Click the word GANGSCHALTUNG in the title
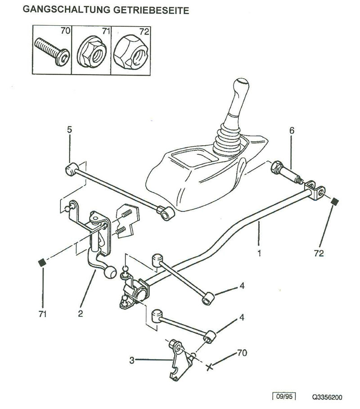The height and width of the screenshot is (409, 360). [x=67, y=9]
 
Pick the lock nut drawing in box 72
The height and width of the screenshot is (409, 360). [x=130, y=52]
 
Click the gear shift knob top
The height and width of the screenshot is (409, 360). [x=242, y=85]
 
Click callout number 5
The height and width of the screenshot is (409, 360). [x=69, y=130]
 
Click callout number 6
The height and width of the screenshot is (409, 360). [x=292, y=130]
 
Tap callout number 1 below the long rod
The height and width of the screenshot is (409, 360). [x=259, y=252]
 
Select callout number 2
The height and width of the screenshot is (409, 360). [x=81, y=313]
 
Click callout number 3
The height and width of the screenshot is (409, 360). [x=132, y=360]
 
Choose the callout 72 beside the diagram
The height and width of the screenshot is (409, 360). [x=319, y=253]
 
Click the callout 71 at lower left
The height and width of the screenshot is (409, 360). [x=42, y=314]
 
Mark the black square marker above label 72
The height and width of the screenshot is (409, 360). [x=334, y=201]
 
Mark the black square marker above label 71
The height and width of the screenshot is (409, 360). [x=42, y=262]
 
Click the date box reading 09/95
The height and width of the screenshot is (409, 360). [x=284, y=396]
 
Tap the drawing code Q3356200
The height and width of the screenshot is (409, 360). [x=327, y=397]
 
